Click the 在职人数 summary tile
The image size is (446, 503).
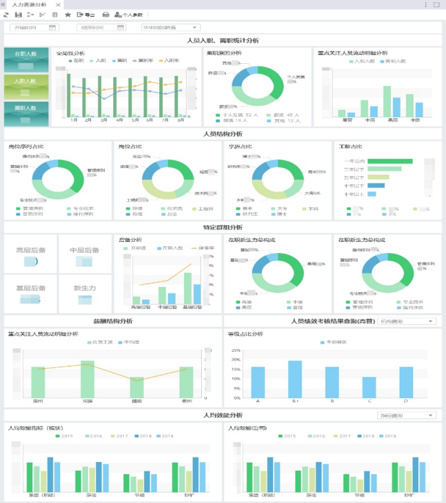[x=25, y=60]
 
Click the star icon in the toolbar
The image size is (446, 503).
[x=68, y=14]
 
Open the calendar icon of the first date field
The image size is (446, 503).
[x=52, y=27]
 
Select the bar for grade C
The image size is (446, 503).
[x=369, y=387]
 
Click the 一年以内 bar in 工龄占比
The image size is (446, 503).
[x=390, y=161]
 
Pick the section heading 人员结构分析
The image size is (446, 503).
[x=223, y=134]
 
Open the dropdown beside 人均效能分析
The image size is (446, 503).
[x=406, y=416]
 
